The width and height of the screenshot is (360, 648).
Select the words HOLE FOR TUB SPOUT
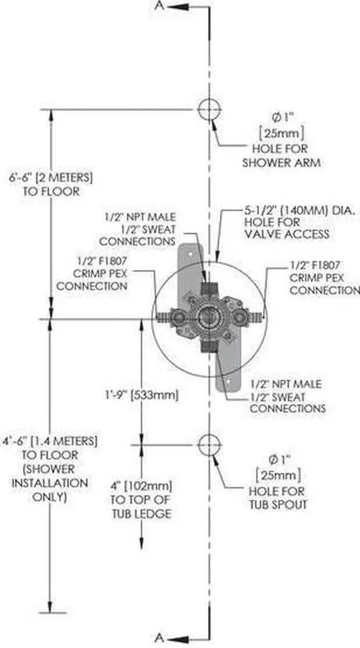pos(278,497)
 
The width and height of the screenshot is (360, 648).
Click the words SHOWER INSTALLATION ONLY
pos(51,483)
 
